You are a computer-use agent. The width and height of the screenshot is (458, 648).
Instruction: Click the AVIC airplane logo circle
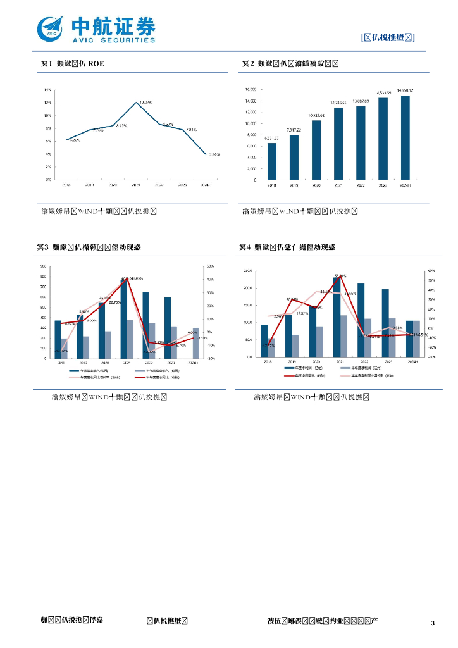pos(51,27)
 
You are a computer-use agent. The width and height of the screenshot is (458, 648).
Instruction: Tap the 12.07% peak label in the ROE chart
pos(145,102)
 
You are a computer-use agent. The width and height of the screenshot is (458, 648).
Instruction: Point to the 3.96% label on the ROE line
pos(214,154)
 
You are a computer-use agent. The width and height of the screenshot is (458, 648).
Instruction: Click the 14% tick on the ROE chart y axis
pos(48,90)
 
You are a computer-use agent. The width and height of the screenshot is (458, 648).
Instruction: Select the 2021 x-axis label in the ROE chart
pos(136,185)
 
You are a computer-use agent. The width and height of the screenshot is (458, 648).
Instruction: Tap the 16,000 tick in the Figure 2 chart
pos(251,90)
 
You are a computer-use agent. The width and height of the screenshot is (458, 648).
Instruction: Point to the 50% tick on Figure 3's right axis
pos(210,266)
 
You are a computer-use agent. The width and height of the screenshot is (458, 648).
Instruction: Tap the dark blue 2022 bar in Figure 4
pos(361,320)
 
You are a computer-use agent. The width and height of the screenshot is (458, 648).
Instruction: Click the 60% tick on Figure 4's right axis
pos(431,271)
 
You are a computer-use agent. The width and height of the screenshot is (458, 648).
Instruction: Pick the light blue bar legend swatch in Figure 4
pos(345,368)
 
